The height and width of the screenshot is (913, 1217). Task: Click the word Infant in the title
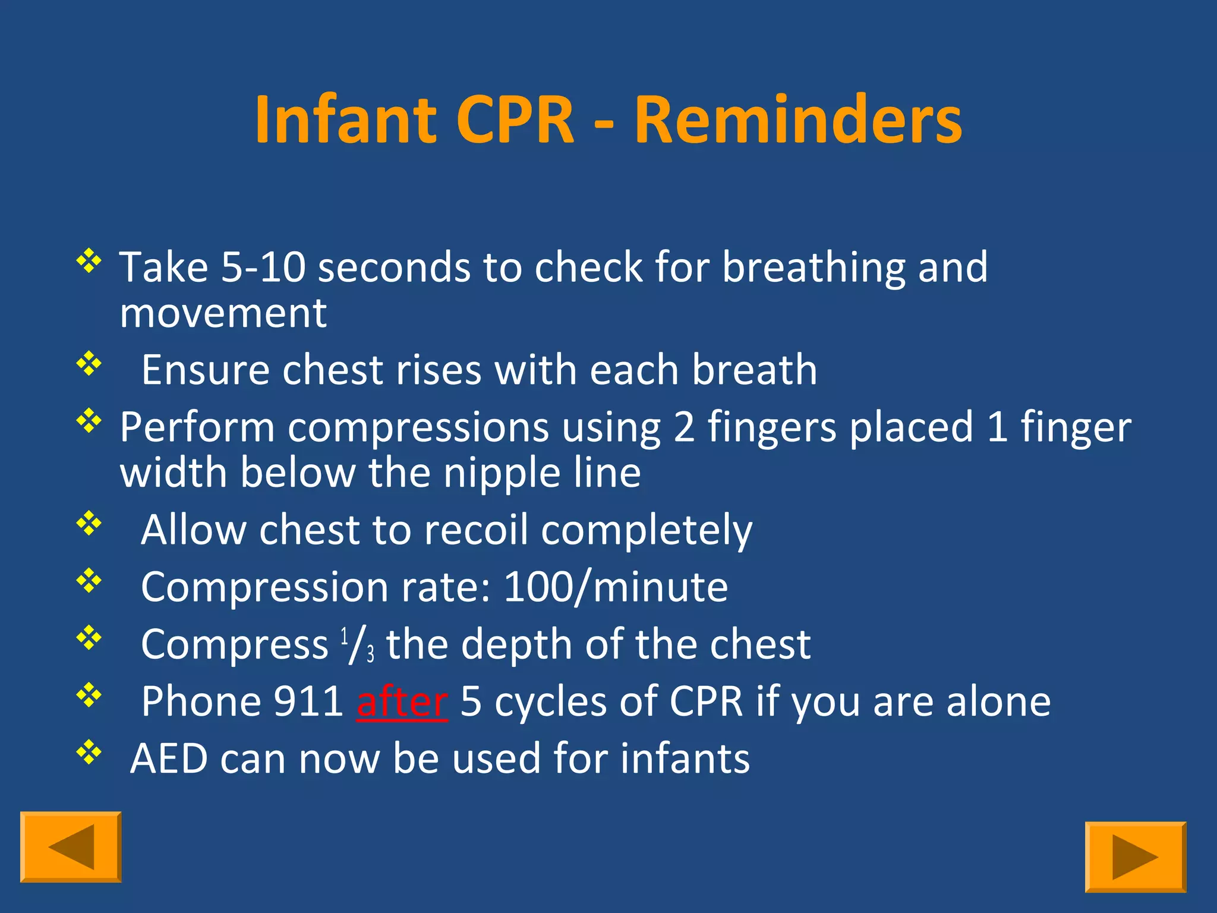tap(345, 120)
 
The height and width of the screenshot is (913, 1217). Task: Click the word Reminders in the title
tap(797, 120)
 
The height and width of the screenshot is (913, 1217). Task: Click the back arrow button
tap(71, 847)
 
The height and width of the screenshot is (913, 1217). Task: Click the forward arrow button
tap(1135, 857)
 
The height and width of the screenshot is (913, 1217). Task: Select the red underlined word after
tap(402, 701)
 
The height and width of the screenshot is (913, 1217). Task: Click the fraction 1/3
tap(357, 646)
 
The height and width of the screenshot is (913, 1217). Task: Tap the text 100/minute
tap(616, 587)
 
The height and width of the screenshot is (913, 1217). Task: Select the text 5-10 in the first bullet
tap(263, 267)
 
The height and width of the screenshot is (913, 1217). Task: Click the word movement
tap(223, 313)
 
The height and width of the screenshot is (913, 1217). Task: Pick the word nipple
tap(502, 474)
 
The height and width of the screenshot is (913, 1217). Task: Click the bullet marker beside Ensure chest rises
tap(89, 363)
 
